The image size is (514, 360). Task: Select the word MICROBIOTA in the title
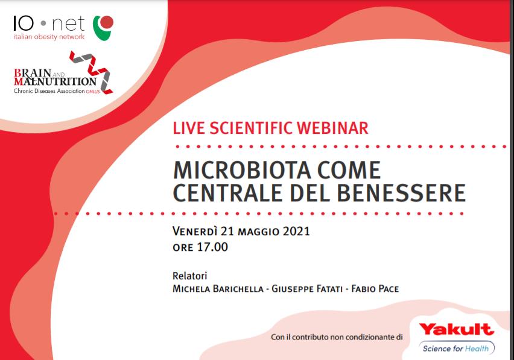[242, 170]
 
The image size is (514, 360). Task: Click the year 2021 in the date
[296, 232]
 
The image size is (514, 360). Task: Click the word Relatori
[190, 276]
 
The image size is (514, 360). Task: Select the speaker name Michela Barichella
[218, 289]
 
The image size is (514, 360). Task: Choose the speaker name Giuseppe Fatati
[307, 289]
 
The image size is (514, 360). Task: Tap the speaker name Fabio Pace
[375, 289]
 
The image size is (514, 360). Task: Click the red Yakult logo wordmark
[456, 329]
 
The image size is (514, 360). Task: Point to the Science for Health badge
[456, 348]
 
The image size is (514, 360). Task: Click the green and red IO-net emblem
[103, 28]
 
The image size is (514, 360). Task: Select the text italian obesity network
[49, 36]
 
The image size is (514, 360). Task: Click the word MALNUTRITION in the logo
[55, 81]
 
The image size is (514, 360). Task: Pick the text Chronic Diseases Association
[49, 90]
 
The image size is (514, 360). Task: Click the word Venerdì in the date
[195, 232]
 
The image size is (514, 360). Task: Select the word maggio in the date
[258, 232]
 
